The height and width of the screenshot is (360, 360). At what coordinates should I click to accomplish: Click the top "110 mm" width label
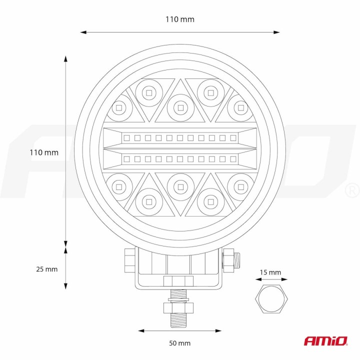[x=180, y=19]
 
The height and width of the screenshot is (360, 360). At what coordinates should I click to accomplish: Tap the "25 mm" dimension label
[x=47, y=269]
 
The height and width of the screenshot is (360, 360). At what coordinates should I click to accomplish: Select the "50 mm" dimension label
[x=180, y=343]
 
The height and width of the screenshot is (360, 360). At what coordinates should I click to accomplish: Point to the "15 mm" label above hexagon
[x=270, y=272]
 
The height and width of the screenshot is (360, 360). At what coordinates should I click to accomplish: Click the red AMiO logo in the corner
[x=325, y=340]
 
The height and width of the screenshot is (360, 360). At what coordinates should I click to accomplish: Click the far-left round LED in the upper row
[x=119, y=106]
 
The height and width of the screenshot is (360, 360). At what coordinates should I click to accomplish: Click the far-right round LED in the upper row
[x=240, y=106]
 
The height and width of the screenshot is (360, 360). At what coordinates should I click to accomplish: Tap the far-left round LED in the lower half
[x=118, y=186]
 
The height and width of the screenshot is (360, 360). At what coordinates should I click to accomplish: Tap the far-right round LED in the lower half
[x=240, y=186]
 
